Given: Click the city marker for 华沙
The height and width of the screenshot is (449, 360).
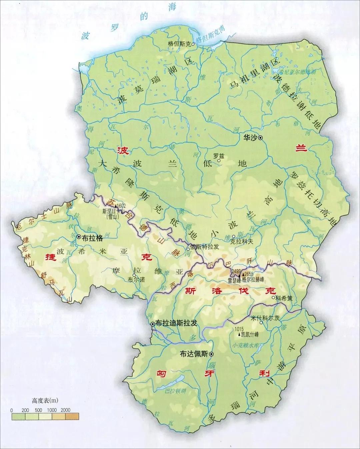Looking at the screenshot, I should click(260, 138).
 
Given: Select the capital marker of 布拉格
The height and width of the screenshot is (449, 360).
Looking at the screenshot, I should click(79, 237).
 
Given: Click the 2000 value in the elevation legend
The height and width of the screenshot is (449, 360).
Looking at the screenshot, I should click(66, 410).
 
